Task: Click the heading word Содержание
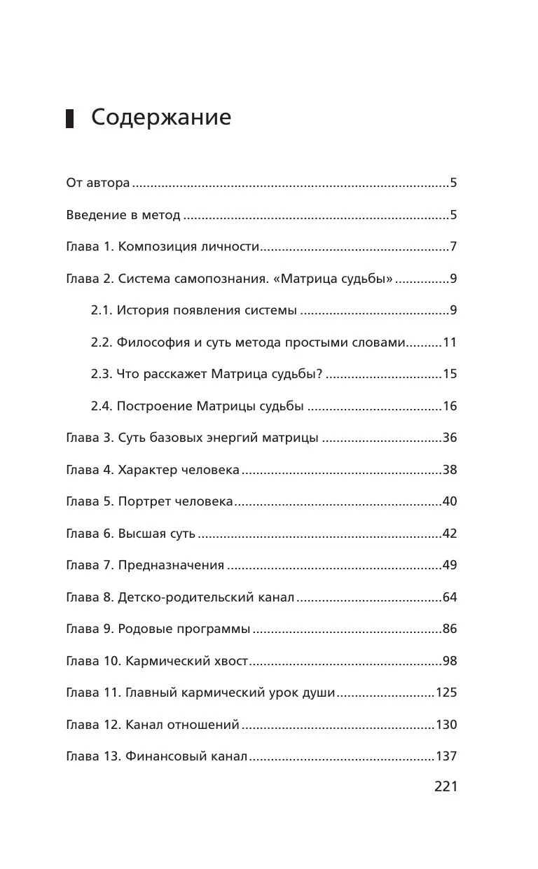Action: (x=160, y=118)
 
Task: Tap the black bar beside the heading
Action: (x=70, y=118)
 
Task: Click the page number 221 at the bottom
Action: (x=446, y=786)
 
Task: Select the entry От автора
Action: (x=97, y=183)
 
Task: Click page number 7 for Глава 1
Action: (x=453, y=247)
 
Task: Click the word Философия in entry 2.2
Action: (x=149, y=342)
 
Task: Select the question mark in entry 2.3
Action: (x=319, y=374)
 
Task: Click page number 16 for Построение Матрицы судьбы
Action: (x=449, y=406)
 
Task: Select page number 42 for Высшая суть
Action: (x=449, y=534)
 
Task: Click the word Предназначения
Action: (x=171, y=565)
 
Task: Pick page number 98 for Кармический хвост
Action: (x=449, y=661)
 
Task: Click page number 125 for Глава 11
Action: (x=446, y=693)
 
